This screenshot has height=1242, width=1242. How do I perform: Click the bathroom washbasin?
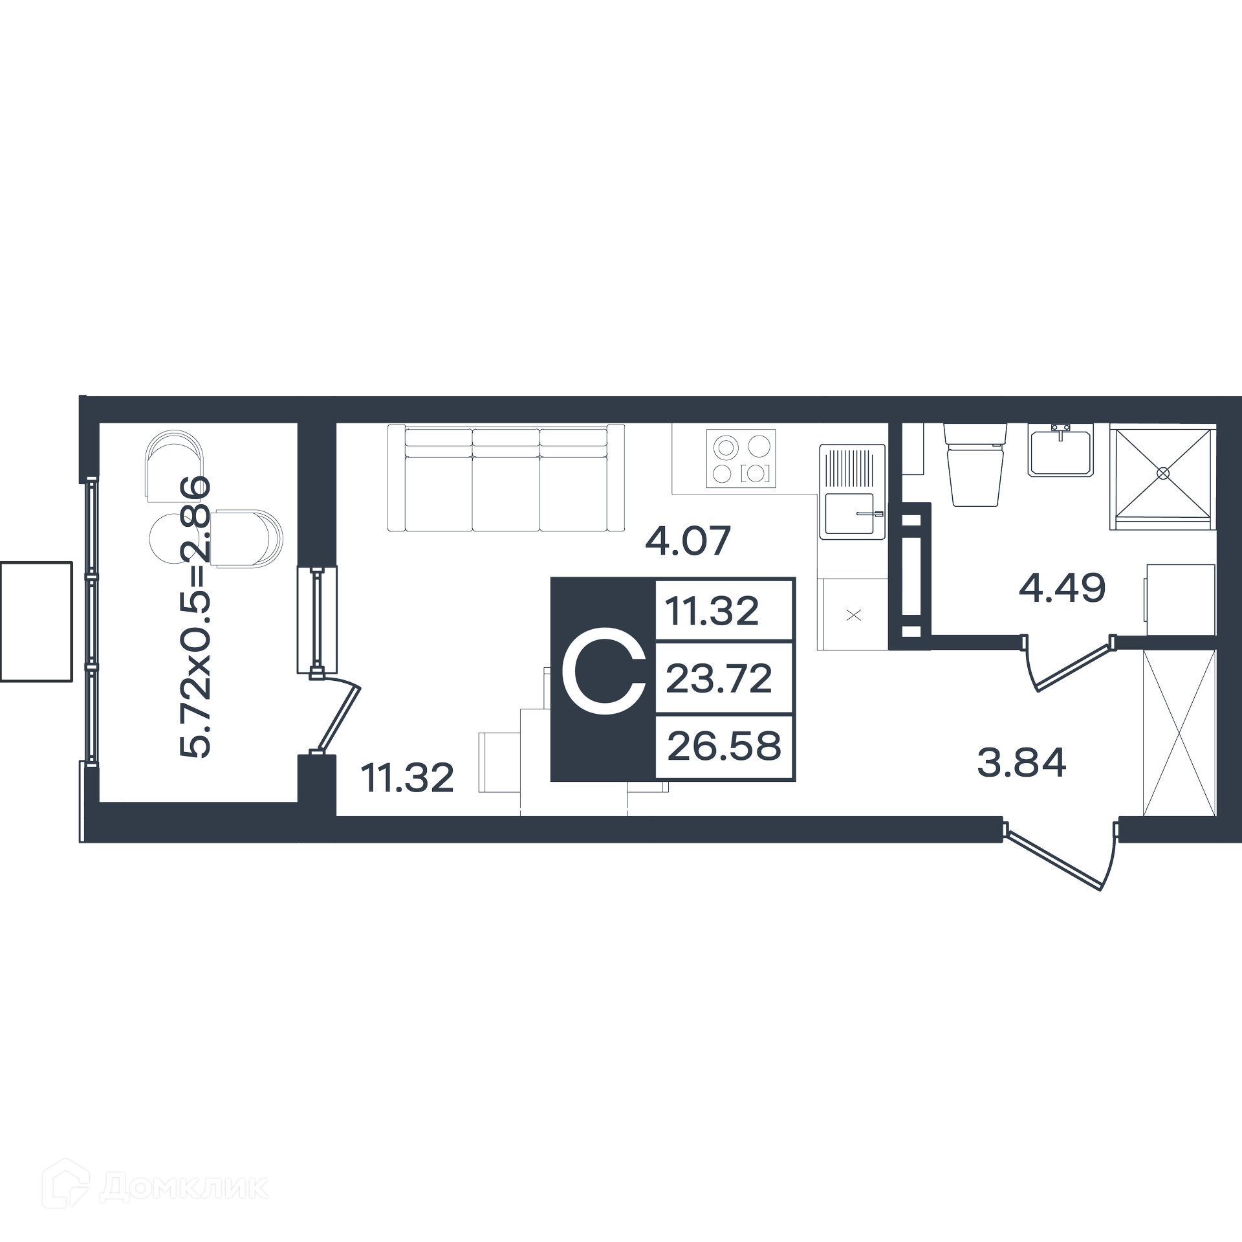[1061, 450]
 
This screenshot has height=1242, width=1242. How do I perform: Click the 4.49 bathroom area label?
[1062, 588]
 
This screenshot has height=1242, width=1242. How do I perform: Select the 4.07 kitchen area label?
[688, 540]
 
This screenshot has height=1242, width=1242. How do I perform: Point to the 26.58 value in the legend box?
[724, 746]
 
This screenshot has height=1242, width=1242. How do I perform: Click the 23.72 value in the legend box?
[719, 678]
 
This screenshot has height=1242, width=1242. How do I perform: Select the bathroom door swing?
[1069, 663]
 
